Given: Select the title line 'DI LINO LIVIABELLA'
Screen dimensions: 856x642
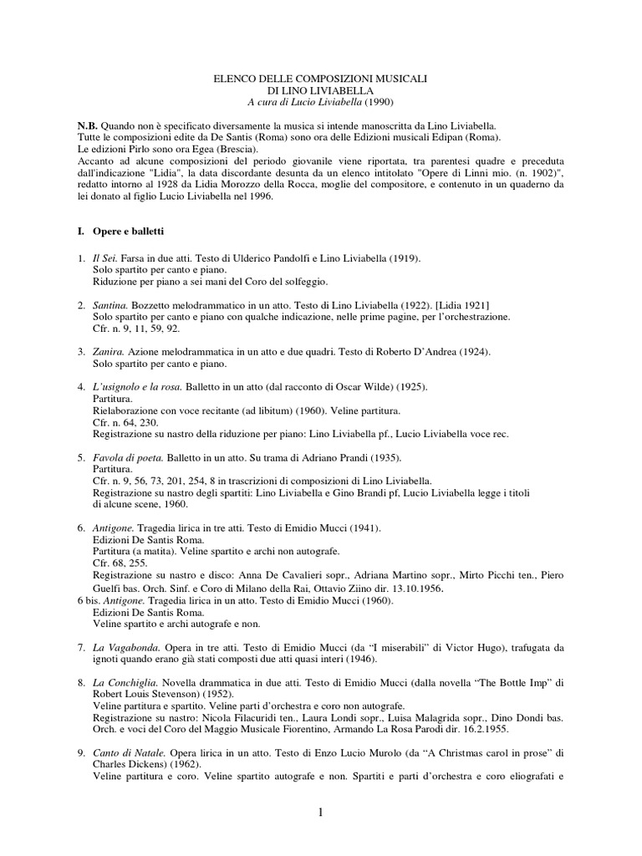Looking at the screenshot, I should point(321,89).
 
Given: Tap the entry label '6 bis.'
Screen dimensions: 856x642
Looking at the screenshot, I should point(89,600).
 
